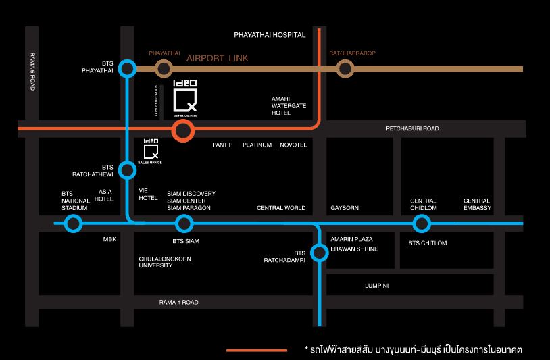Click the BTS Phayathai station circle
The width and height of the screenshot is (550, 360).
(x=127, y=68)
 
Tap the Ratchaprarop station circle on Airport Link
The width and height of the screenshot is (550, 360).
(x=345, y=68)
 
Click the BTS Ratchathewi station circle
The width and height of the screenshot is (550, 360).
(x=127, y=170)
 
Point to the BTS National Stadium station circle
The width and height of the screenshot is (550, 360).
(x=74, y=224)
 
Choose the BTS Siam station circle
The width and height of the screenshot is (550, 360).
(x=184, y=224)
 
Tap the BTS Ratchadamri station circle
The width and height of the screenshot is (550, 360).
(x=319, y=253)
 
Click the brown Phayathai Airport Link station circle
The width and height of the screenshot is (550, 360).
(x=163, y=68)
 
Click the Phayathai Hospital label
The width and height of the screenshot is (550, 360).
(x=270, y=34)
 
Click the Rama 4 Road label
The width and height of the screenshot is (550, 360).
(x=178, y=303)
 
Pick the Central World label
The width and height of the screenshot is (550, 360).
(x=281, y=208)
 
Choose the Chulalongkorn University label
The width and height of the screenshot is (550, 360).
(x=165, y=262)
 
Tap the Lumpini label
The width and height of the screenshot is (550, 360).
(x=376, y=286)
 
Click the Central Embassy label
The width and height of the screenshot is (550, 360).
(x=477, y=204)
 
